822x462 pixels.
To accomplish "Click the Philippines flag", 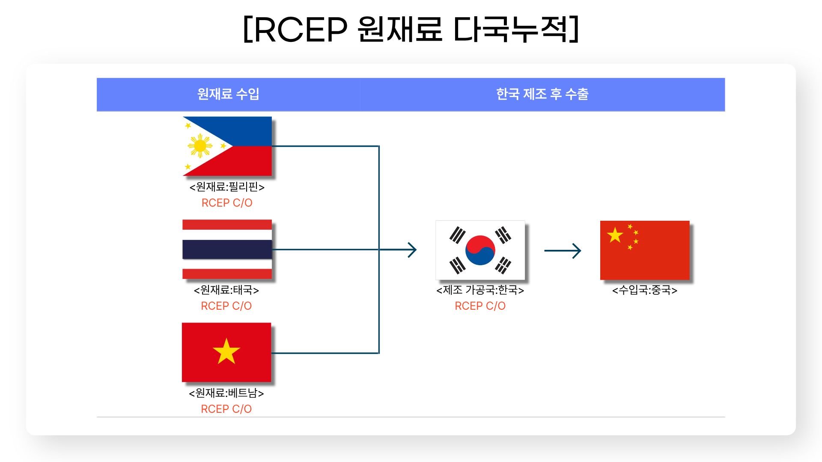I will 227,146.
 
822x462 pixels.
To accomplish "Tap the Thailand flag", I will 227,249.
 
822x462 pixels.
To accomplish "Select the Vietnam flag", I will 226,352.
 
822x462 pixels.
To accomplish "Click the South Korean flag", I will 480,250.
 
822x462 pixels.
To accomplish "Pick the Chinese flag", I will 645,250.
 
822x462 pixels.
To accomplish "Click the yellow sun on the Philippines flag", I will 200,146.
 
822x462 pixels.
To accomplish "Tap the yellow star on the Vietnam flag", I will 226,352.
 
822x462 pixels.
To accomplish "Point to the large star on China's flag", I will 615,235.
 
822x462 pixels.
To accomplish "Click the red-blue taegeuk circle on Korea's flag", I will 480,250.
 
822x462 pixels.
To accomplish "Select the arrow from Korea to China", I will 563,251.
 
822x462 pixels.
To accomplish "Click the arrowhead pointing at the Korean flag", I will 412,250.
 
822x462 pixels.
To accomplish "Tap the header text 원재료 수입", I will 228,94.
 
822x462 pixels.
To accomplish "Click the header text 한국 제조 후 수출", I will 542,94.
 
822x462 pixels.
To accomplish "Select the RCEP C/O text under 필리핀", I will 227,203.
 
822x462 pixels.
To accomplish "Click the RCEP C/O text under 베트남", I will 226,409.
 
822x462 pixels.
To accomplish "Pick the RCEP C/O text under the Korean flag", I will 480,306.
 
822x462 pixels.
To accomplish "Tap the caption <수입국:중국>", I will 645,290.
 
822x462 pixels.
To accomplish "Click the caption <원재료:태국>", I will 226,290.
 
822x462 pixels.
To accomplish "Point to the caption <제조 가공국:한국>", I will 480,290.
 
